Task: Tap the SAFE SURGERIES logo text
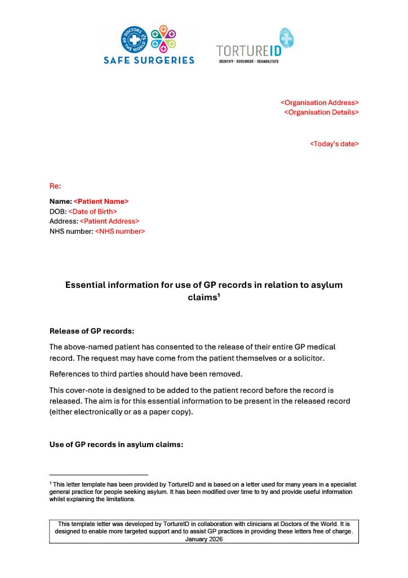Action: tap(149, 60)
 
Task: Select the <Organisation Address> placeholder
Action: tap(320, 103)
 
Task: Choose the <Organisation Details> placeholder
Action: tap(321, 112)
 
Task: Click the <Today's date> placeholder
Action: tap(334, 144)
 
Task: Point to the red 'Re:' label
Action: tap(55, 186)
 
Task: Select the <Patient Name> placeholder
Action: tap(101, 202)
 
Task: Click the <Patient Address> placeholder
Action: tap(109, 221)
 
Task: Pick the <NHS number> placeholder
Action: tap(119, 231)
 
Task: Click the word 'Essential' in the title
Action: tap(85, 285)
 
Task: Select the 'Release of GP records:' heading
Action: tap(92, 331)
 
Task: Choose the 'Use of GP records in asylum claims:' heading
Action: tap(116, 445)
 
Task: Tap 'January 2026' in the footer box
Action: tap(204, 539)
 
